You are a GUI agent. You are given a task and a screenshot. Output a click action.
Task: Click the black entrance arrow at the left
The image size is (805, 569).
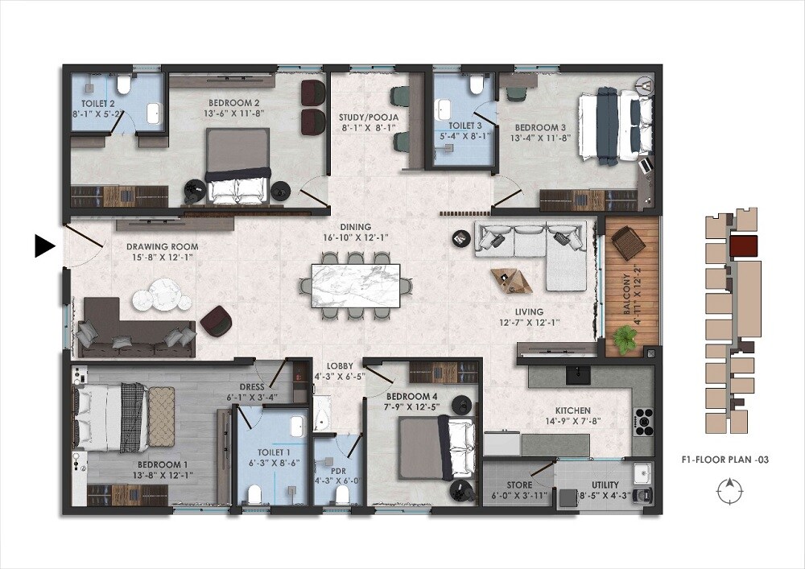(x=44, y=246)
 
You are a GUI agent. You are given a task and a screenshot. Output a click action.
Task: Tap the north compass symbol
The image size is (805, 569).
(x=728, y=489)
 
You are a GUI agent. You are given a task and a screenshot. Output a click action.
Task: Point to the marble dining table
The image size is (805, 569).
(x=356, y=285)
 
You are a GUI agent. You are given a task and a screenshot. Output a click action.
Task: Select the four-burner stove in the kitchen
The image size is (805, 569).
(x=645, y=419)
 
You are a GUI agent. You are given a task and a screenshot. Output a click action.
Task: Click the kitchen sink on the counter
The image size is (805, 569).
(x=577, y=374)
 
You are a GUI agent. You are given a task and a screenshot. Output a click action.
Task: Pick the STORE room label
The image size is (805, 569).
(x=519, y=485)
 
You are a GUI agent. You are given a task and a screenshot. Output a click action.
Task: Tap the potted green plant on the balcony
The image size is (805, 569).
(x=625, y=338)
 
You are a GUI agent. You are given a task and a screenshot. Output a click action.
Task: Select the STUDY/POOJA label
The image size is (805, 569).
(x=369, y=117)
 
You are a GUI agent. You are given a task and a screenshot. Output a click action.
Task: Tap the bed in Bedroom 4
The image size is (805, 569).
(x=428, y=448)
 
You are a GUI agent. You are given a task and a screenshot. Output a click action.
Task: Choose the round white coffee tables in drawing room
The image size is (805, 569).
(x=162, y=295)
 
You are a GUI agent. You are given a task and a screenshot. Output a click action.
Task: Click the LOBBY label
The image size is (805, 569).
(x=339, y=366)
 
